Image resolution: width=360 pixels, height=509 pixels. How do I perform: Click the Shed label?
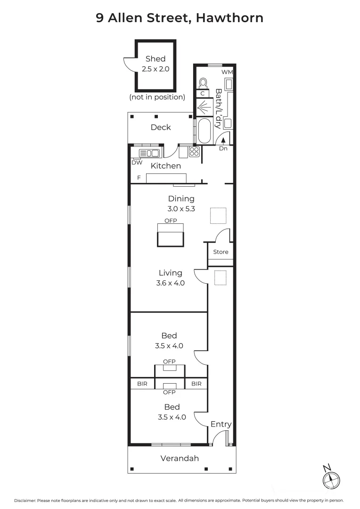pyautogui.click(x=155, y=59)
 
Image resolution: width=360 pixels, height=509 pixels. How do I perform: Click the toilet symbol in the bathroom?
pyautogui.click(x=204, y=83)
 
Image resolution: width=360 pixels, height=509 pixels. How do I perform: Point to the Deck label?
pyautogui.click(x=161, y=127)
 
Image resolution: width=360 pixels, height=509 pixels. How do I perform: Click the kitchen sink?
pyautogui.click(x=149, y=153)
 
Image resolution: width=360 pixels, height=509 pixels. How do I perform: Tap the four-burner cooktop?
pyautogui.click(x=194, y=152)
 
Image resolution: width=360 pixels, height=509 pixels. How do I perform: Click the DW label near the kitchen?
pyautogui.click(x=137, y=163)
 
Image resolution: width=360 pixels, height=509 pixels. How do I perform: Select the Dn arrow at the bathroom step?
pyautogui.click(x=223, y=140)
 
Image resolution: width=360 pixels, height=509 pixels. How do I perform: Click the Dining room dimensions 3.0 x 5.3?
pyautogui.click(x=181, y=209)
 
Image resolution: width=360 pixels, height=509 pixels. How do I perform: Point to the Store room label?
pyautogui.click(x=221, y=252)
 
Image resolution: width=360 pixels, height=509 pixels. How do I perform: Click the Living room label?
pyautogui.click(x=170, y=273)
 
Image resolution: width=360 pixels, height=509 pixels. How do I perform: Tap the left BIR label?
pyautogui.click(x=142, y=384)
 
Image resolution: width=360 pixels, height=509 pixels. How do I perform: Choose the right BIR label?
pyautogui.click(x=196, y=384)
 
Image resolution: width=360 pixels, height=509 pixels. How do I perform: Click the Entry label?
pyautogui.click(x=221, y=424)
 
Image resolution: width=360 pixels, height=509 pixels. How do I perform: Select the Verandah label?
pyautogui.click(x=180, y=458)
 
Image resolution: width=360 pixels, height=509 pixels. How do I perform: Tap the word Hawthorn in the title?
pyautogui.click(x=229, y=18)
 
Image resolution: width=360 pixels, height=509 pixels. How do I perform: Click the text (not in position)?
pyautogui.click(x=157, y=97)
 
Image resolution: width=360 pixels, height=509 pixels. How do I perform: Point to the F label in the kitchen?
pyautogui.click(x=139, y=178)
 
